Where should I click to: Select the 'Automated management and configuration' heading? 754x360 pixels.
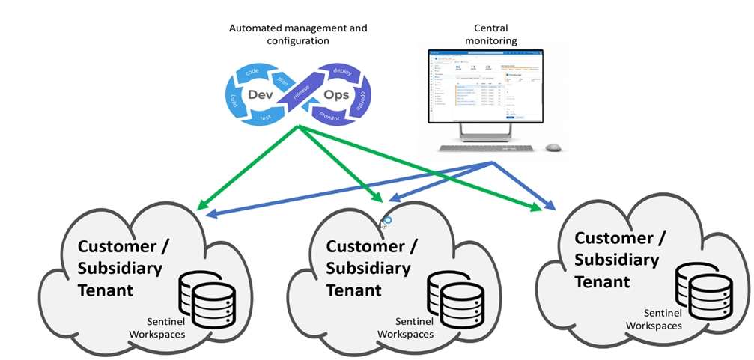pyautogui.click(x=299, y=34)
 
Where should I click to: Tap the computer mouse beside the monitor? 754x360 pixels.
pyautogui.click(x=553, y=147)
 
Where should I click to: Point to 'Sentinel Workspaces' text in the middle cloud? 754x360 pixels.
pyautogui.click(x=405, y=327)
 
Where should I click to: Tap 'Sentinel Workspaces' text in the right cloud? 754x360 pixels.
pyautogui.click(x=654, y=320)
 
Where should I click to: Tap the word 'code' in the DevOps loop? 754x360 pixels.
pyautogui.click(x=252, y=71)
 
